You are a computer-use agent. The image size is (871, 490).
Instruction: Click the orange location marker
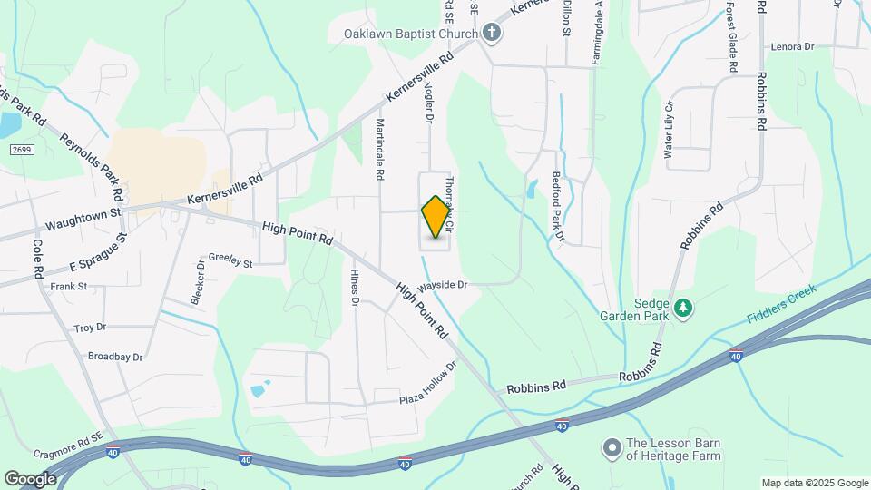(436, 217)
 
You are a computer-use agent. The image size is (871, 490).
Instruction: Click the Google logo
(30, 478)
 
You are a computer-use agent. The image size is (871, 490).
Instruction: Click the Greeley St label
(230, 260)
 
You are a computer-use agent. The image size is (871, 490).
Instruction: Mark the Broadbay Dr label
(115, 357)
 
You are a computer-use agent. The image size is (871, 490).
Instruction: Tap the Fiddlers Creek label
(782, 304)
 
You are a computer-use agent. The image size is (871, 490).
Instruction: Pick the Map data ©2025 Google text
(814, 483)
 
